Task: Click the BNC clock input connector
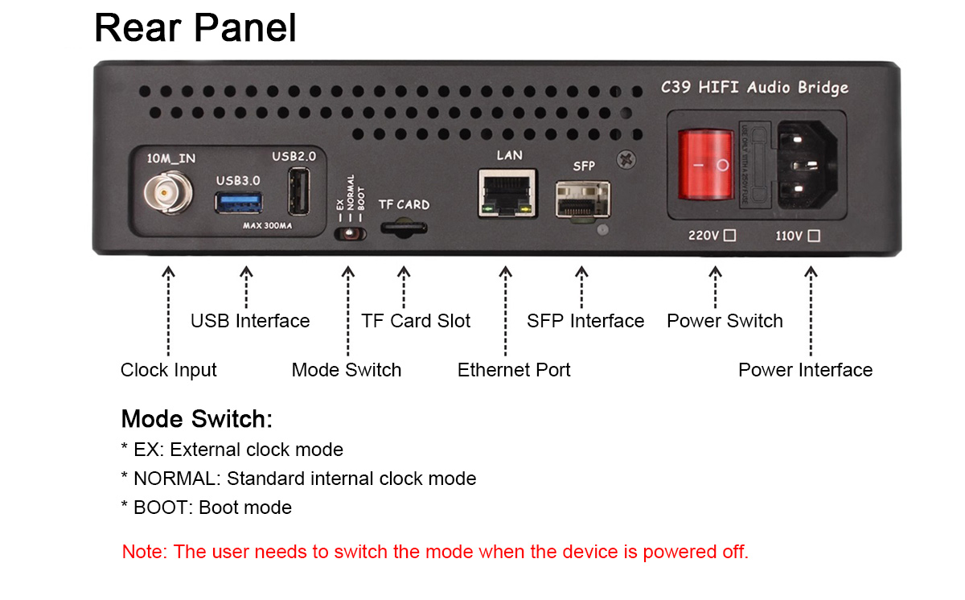168,192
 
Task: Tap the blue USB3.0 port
239,203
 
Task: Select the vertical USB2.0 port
299,191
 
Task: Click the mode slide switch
351,234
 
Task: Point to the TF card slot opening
404,228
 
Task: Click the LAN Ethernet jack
507,193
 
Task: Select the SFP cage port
583,200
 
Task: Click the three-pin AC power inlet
807,165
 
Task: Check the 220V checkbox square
729,236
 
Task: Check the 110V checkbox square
814,236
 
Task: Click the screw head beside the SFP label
626,160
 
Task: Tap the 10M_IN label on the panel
171,158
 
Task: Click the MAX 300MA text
267,226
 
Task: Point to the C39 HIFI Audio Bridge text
755,88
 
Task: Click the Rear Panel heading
195,27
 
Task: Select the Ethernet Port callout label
514,370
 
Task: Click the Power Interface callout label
806,370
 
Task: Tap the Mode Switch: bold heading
197,419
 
